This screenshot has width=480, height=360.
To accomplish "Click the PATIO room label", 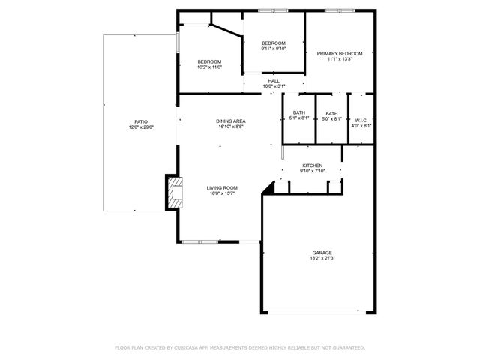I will coord(141,121).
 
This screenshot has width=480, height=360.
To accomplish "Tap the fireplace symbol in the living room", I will coord(175,193).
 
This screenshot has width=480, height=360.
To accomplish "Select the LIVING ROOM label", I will coord(222,187).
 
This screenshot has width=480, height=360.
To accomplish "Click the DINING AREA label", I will coord(231,121).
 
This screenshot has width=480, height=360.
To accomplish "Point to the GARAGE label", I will coord(322,252).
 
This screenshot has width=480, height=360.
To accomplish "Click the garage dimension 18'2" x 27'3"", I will coord(322,258).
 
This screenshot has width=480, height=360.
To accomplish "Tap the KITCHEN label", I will coord(312,165).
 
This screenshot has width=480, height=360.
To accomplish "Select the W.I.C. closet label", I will coord(361,121).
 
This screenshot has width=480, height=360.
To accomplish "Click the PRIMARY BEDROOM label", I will coord(339,53).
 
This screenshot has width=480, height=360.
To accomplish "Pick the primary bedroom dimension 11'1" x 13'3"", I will coord(339,59).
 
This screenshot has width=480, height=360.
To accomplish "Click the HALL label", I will coord(274,80).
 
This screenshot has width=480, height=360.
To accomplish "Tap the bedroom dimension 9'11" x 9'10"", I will coord(274,49).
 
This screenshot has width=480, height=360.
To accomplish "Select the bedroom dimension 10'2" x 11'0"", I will coord(209,67).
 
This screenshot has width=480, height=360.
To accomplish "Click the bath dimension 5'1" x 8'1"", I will coord(298,118).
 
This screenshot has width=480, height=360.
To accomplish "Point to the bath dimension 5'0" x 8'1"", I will coord(331,118).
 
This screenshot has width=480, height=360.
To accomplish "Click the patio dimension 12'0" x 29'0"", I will coord(141,127).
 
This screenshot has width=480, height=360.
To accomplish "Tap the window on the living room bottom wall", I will coord(200,241).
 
